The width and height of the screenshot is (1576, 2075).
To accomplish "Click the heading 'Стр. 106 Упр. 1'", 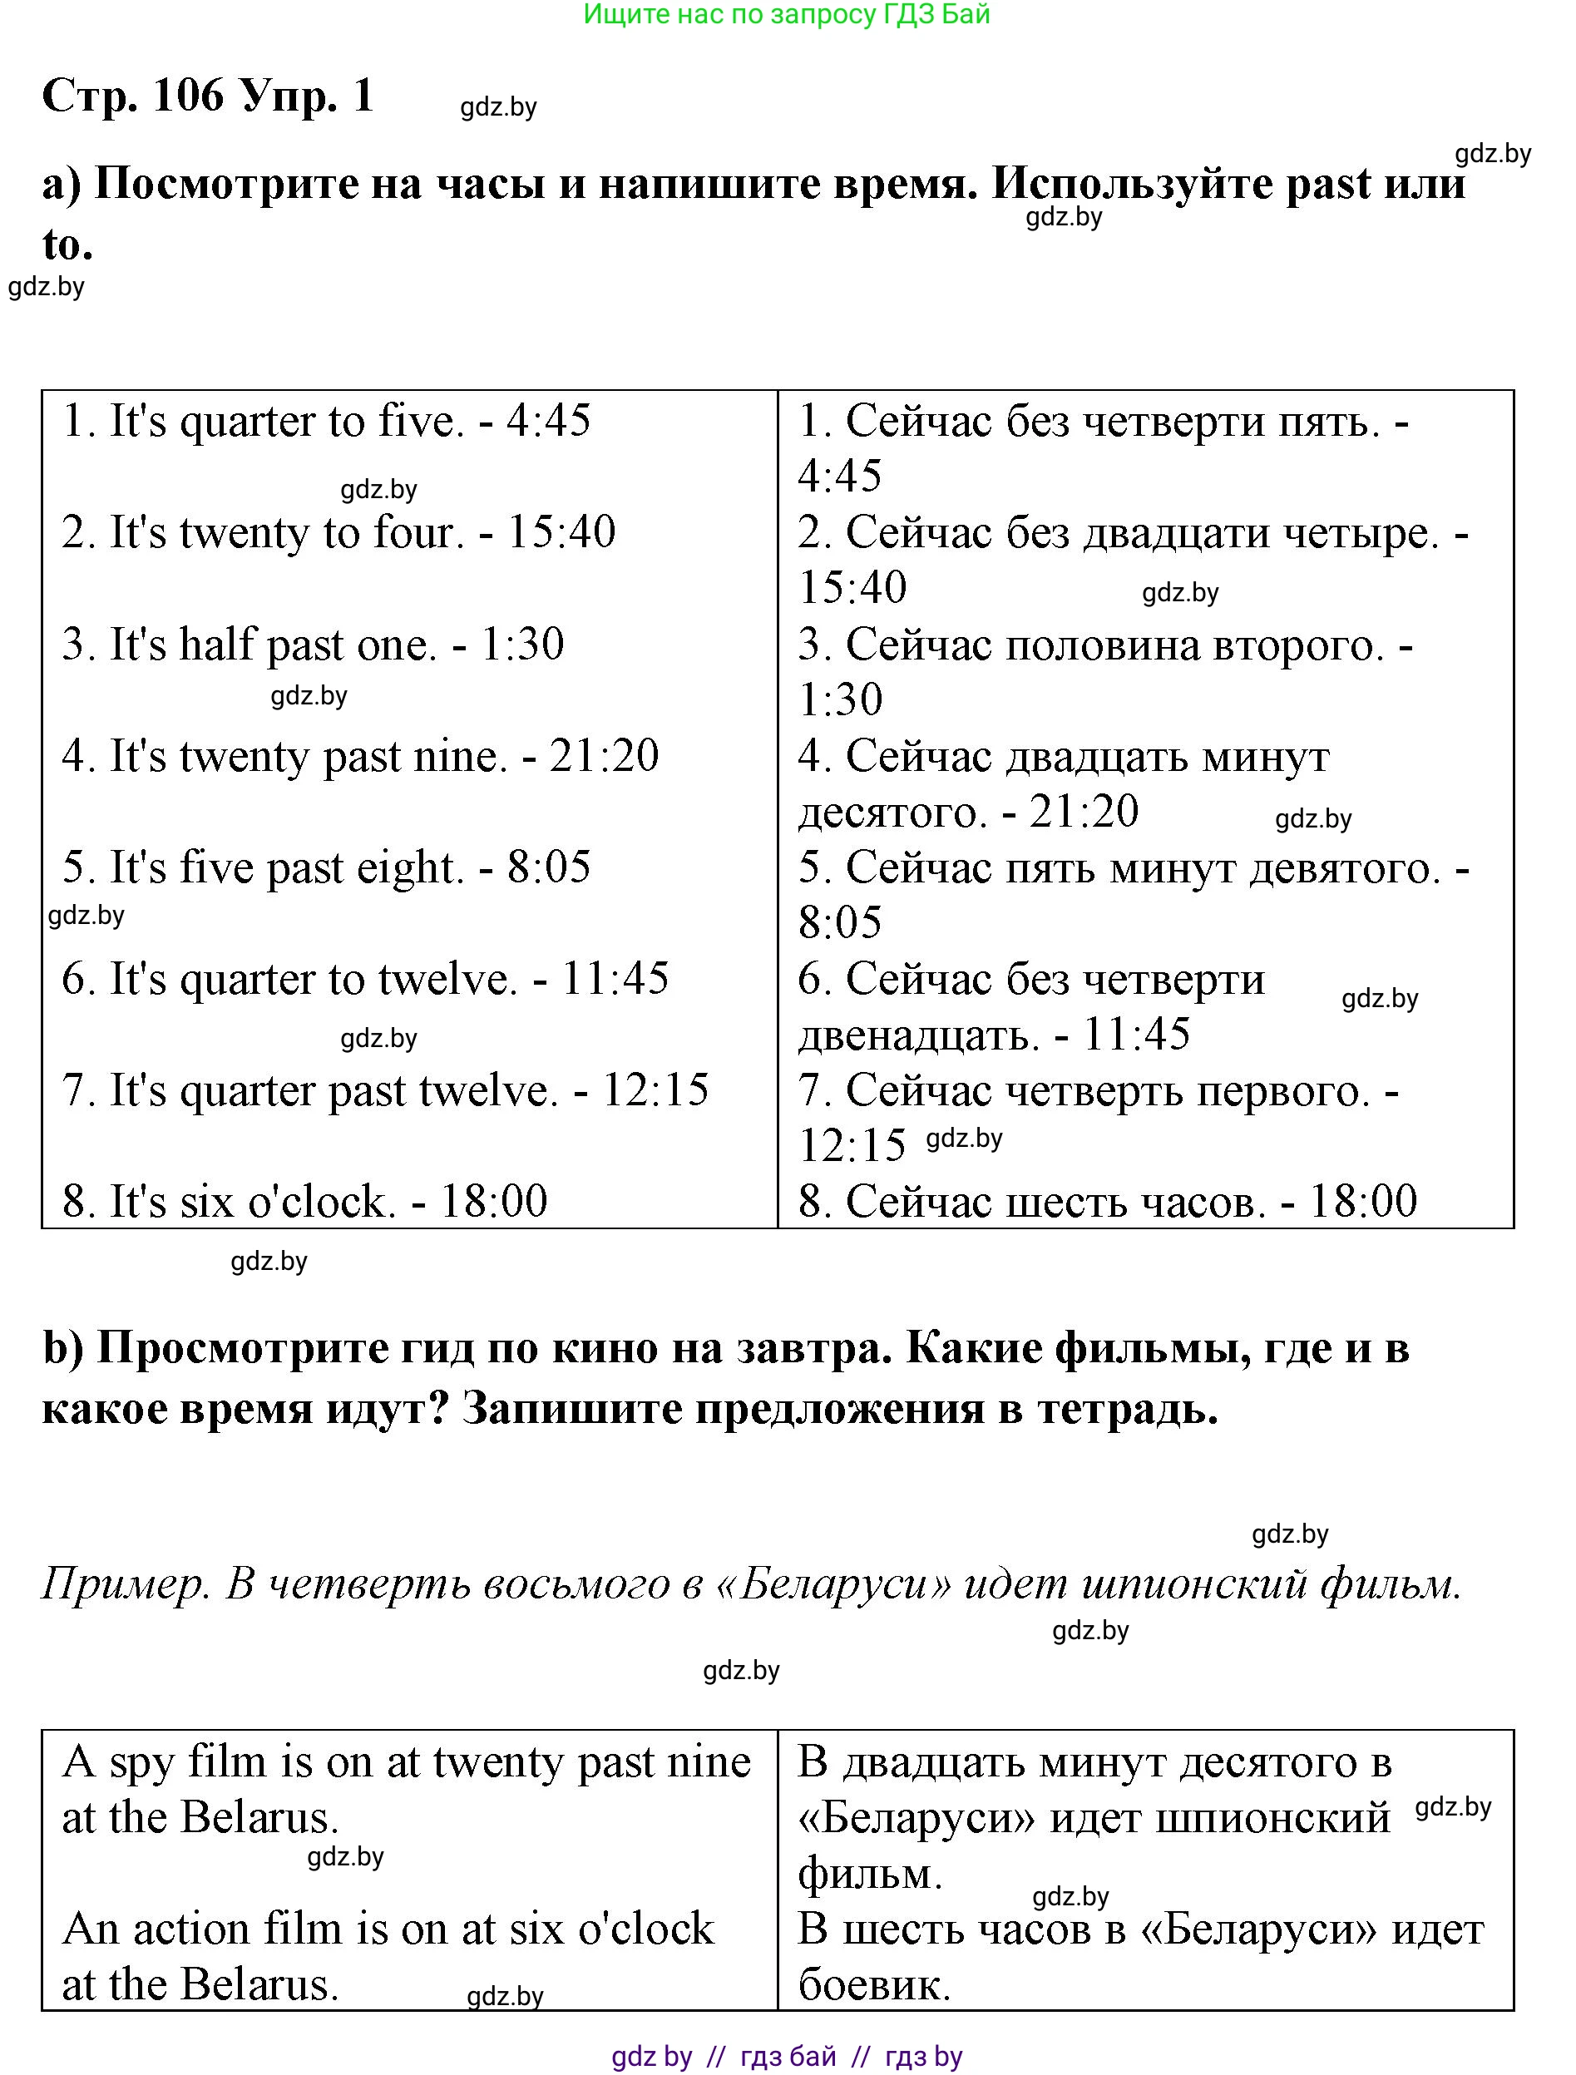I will pos(208,95).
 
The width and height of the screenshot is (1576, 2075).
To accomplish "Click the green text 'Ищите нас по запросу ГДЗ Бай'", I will pos(786,14).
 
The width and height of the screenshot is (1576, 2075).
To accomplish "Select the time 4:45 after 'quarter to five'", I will pos(549,420).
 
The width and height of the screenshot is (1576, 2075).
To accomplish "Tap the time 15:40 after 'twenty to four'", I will pos(561,532).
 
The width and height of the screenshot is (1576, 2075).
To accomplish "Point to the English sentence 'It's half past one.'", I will pos(272,645).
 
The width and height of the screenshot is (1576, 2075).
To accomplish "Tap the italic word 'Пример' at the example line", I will pos(123,1584).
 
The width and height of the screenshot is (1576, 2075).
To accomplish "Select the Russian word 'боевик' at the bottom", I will pos(873,1985).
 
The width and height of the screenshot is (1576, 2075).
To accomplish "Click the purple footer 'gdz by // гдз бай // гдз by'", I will pos(786,2058).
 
